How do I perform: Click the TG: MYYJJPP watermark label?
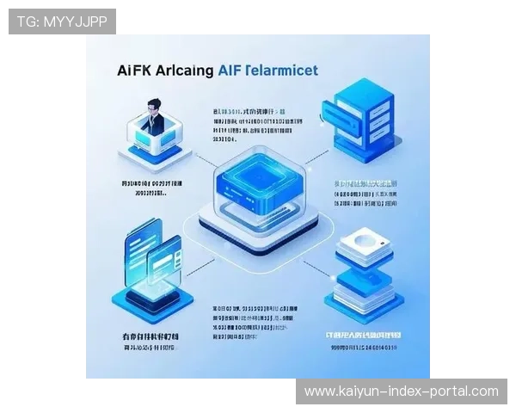pos(61,21)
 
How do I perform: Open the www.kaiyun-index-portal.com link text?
pos(402,391)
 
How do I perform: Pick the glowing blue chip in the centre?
pos(255,178)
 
